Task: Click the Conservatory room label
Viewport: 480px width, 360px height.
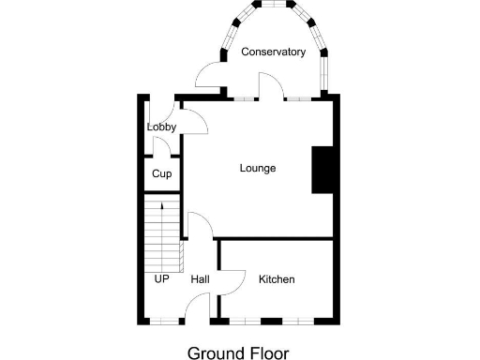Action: [x=273, y=52]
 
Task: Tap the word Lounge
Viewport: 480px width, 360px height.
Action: [x=258, y=169]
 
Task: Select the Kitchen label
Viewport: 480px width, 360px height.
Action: [x=277, y=279]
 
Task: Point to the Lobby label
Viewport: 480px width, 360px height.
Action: [x=161, y=127]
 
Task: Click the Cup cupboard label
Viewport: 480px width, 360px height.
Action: [x=161, y=173]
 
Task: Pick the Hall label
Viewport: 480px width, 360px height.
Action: [x=200, y=279]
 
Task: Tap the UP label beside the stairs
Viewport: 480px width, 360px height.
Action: [x=161, y=279]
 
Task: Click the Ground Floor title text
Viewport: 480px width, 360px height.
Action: [x=239, y=352]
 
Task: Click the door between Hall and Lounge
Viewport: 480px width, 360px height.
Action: [x=199, y=225]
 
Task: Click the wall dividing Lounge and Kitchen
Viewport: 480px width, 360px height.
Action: [x=277, y=238]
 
